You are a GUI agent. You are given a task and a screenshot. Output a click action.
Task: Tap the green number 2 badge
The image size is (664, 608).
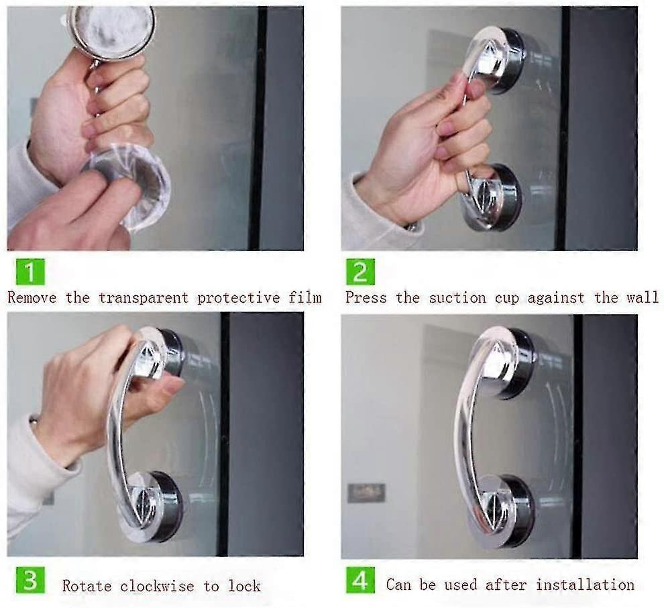click(x=360, y=272)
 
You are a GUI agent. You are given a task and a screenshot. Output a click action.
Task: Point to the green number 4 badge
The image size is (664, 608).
click(x=360, y=580)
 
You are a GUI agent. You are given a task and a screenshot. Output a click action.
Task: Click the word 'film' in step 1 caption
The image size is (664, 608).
click(x=305, y=297)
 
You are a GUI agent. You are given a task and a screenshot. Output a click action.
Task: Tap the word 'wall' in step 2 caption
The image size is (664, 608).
click(x=643, y=297)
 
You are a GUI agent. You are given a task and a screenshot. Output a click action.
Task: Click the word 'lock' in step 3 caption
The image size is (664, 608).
click(x=244, y=586)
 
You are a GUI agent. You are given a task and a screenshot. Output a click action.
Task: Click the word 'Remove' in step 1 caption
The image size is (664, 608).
click(x=32, y=297)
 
